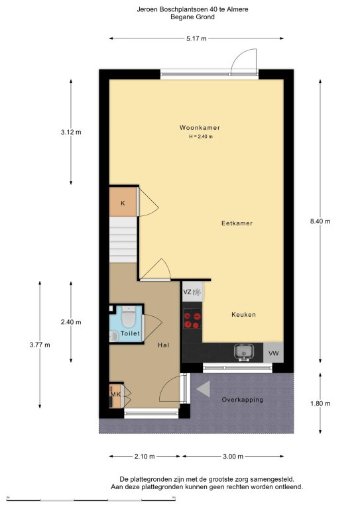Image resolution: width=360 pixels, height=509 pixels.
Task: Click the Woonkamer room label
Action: point(200,127)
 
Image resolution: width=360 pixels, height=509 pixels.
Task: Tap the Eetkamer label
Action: point(237,223)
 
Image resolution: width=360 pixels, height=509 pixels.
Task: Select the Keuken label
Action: point(243,314)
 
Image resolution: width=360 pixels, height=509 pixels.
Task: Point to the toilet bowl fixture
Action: point(129,317)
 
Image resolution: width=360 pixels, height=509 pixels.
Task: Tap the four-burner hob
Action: point(192,319)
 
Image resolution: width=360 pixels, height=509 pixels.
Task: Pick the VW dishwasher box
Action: point(273,353)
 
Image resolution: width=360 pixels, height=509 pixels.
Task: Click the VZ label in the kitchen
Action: point(187,292)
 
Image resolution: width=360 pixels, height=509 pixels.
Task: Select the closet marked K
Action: point(123,202)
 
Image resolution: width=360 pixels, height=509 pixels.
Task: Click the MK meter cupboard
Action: point(115,395)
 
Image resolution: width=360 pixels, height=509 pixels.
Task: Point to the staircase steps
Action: point(123,239)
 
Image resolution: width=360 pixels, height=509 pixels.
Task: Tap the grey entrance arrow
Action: point(204,389)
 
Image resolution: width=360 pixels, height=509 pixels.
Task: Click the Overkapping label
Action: point(242,400)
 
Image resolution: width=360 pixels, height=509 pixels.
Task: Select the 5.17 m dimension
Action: point(196,38)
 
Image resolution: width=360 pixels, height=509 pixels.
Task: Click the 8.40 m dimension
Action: point(320,221)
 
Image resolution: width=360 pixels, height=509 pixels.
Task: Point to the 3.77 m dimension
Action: point(40,345)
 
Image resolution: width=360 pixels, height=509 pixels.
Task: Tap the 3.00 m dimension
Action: point(233,457)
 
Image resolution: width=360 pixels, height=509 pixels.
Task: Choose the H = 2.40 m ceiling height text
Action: point(201,137)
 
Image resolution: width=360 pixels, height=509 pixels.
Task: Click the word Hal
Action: point(163,345)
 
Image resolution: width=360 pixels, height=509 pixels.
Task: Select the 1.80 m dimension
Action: point(320,404)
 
